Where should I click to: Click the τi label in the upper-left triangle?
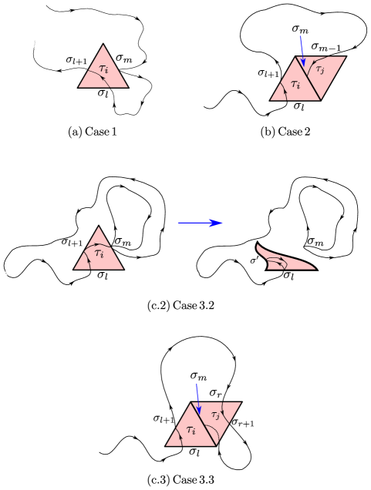(104, 69)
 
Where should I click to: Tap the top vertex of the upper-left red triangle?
(103, 45)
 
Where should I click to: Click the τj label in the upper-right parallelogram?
(320, 69)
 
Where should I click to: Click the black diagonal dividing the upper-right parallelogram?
(309, 79)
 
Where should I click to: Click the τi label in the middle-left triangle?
(99, 253)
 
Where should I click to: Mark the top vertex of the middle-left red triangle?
(99, 227)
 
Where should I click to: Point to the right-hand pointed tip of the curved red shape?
(315, 268)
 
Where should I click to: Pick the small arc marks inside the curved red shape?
(276, 262)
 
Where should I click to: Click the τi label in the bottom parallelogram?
(191, 430)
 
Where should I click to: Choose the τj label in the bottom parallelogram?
(216, 415)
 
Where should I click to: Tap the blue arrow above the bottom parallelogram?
(197, 397)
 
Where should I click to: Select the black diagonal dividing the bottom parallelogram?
(204, 424)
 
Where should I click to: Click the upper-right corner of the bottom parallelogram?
(241, 402)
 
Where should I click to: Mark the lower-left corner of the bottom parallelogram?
(167, 445)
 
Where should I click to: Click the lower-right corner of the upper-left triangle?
(127, 87)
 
